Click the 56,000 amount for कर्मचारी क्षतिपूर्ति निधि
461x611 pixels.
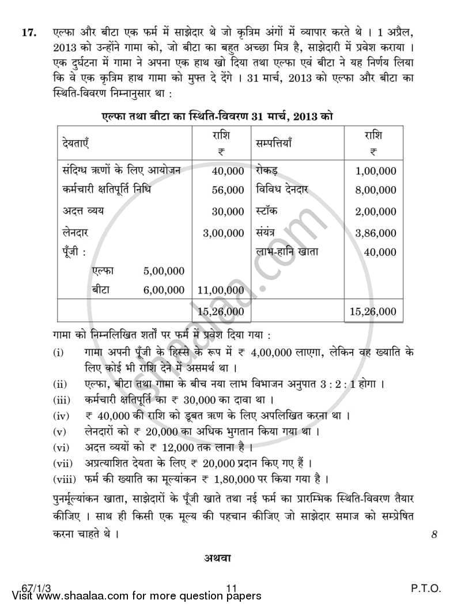point(228,190)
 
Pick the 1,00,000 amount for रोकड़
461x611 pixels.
point(376,171)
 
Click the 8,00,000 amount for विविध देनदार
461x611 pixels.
point(376,190)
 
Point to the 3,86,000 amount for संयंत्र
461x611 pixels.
point(376,233)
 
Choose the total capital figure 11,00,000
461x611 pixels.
point(221,290)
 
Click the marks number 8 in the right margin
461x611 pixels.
point(434,534)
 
